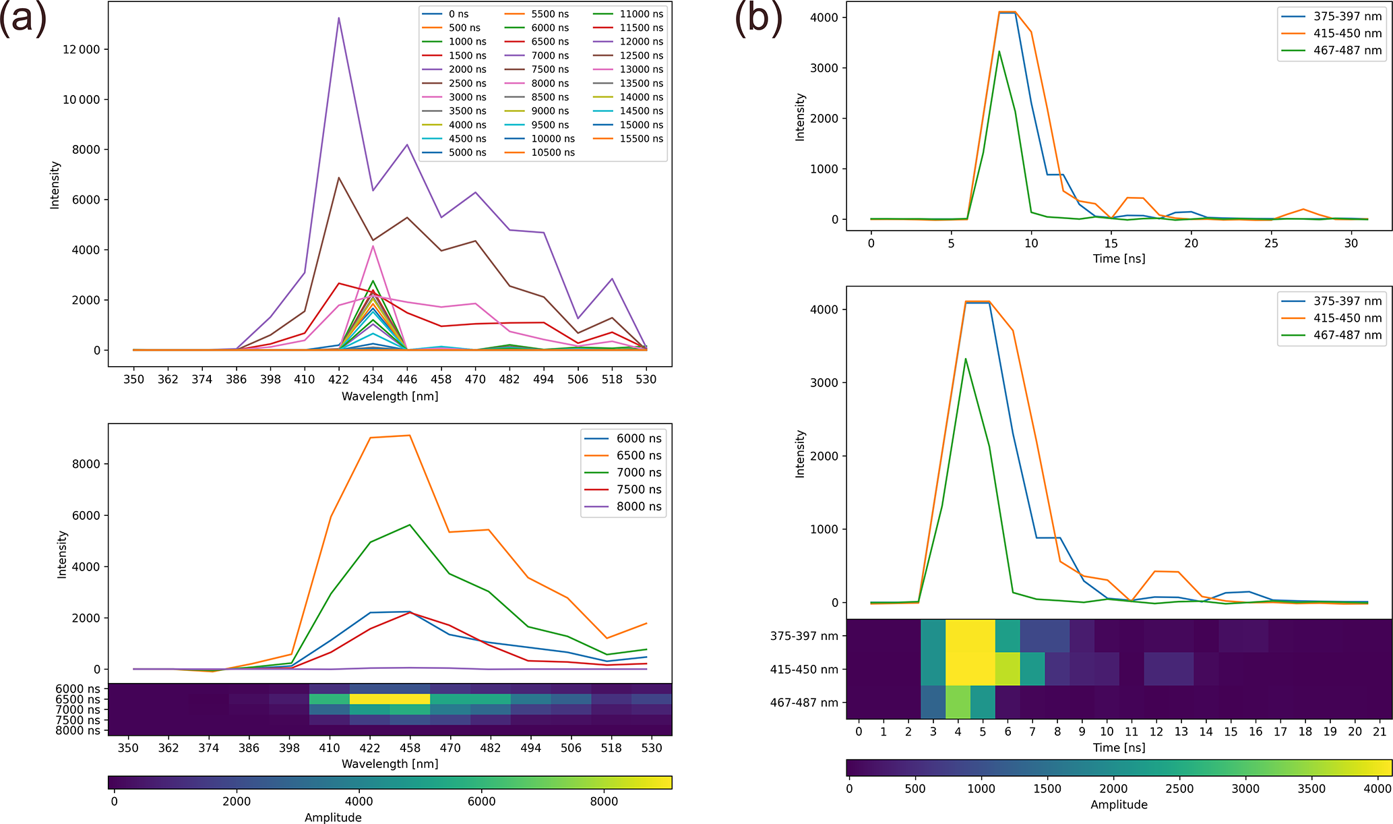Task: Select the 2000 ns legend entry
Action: [x=467, y=69]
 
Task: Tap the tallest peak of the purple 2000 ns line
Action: [x=338, y=18]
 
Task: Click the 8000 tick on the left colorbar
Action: [x=604, y=802]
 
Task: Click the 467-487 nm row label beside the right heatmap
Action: [x=804, y=703]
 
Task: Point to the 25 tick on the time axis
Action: [x=1271, y=243]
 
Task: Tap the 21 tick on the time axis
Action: [x=1380, y=732]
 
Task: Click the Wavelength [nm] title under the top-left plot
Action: [x=390, y=396]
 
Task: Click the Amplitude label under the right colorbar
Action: [x=1119, y=804]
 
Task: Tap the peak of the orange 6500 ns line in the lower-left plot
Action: [x=410, y=436]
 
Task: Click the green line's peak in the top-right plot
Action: [x=999, y=51]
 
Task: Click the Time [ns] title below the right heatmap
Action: [x=1119, y=747]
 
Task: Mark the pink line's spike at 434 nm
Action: [x=373, y=246]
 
